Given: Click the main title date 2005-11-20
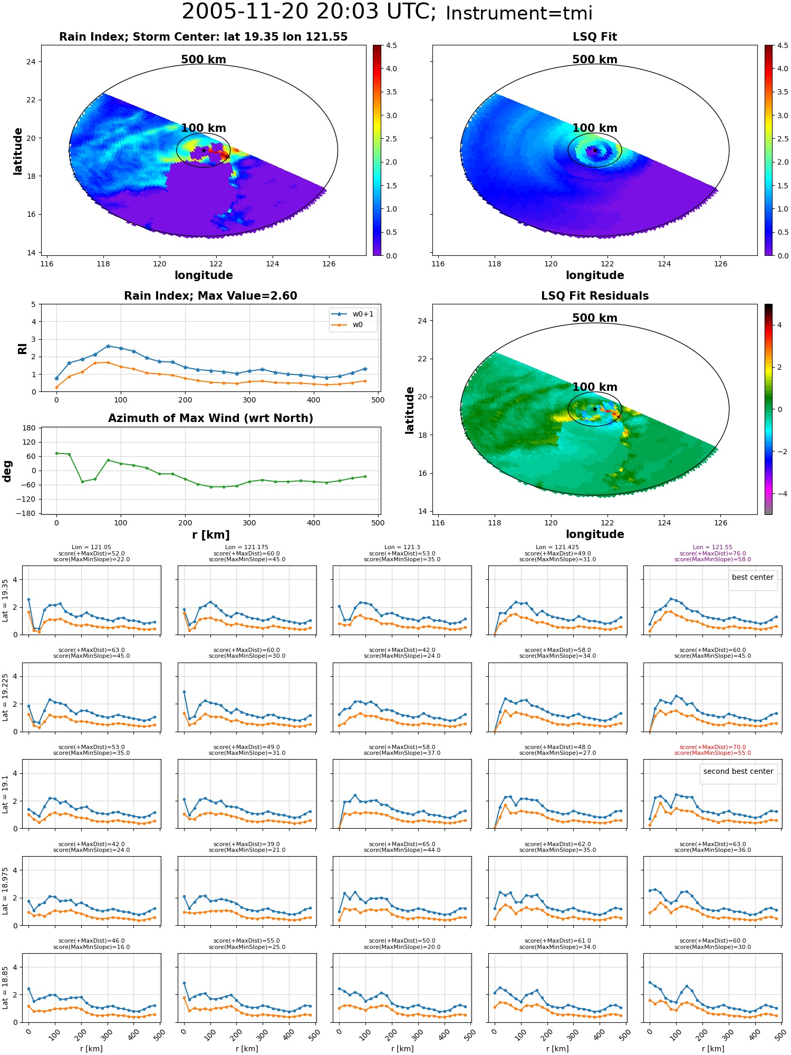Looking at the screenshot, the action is tap(250, 12).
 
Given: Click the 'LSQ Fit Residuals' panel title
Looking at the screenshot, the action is tap(595, 296).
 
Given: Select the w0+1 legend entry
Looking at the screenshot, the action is tap(353, 314).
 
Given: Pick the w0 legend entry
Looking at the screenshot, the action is tap(348, 324).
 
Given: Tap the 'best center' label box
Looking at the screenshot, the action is tap(753, 577).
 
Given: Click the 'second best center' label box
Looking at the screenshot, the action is tap(738, 771).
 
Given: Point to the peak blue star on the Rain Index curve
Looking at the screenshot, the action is tap(108, 346).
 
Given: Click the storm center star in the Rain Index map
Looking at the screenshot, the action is tap(204, 150).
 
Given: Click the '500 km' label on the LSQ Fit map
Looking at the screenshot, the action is tap(595, 60).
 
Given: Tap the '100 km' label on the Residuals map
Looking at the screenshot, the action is tap(595, 387).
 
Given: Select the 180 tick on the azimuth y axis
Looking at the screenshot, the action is tap(30, 428).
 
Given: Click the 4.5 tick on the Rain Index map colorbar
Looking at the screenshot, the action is tap(391, 45).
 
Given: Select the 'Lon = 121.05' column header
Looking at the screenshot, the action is tap(91, 548).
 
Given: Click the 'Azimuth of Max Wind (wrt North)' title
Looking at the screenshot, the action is tap(210, 418).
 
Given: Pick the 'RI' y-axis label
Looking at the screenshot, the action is tap(22, 349).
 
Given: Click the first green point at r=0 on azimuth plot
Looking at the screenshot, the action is tap(56, 453).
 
